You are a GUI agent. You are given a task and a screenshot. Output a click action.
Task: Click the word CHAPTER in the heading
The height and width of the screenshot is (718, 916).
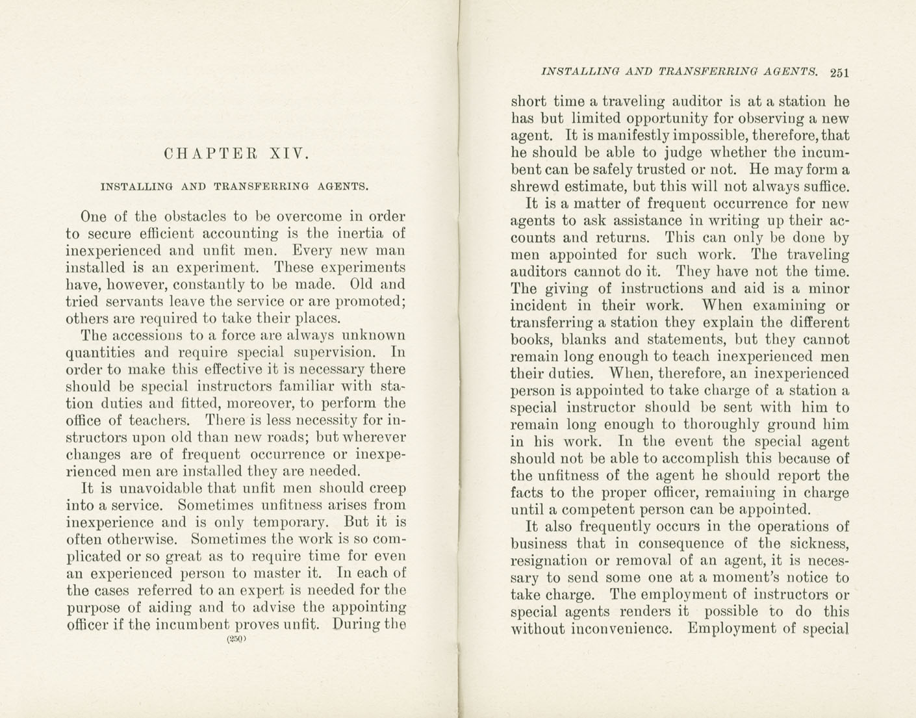[x=210, y=154]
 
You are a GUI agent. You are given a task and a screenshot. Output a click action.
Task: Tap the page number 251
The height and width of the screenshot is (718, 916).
[x=839, y=73]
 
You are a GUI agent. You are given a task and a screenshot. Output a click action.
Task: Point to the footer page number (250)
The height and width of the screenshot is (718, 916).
[x=235, y=639]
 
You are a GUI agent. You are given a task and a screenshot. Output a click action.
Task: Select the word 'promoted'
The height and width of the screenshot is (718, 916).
[x=371, y=301]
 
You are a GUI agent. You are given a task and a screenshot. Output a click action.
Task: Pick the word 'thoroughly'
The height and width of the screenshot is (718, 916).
[x=725, y=425]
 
